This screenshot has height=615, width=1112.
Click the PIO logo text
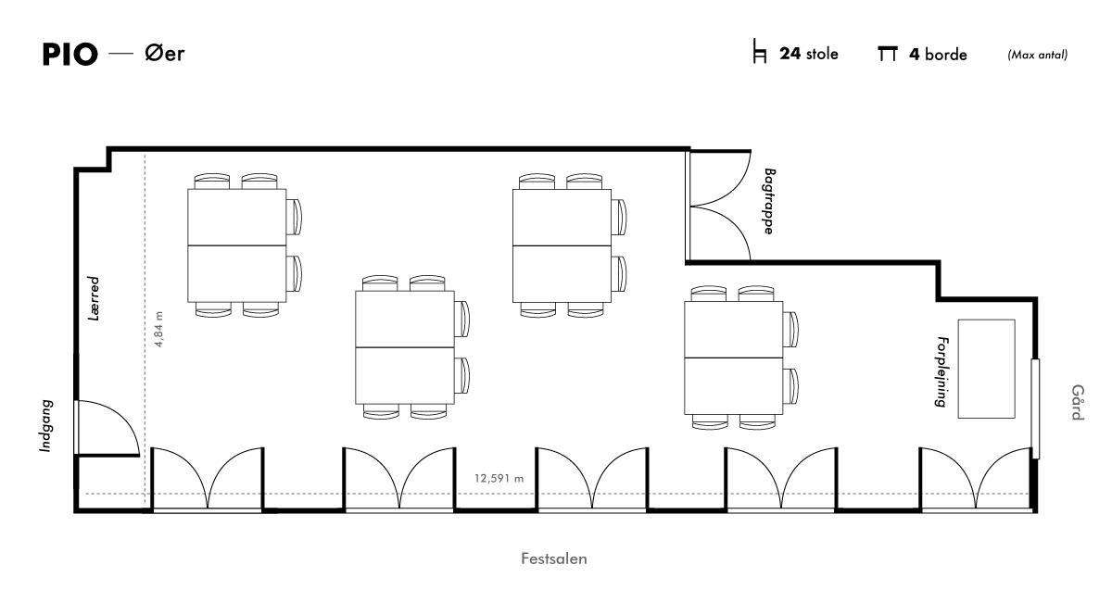(x=70, y=54)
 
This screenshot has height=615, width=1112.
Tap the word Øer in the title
(x=165, y=53)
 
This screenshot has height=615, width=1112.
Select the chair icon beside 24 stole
(x=760, y=51)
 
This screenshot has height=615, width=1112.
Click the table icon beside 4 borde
(x=888, y=54)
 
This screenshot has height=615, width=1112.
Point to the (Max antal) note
(x=1038, y=55)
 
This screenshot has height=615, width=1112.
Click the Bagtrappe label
(x=769, y=201)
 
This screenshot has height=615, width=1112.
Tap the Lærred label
(x=94, y=298)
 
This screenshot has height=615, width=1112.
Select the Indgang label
(x=46, y=426)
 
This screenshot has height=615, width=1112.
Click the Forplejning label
(x=941, y=371)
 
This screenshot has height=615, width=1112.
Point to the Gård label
(x=1077, y=402)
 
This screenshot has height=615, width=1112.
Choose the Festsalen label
(x=553, y=559)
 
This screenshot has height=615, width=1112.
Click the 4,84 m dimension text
(x=158, y=329)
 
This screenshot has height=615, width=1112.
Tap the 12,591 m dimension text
(x=499, y=479)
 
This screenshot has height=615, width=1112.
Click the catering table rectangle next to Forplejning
(x=986, y=369)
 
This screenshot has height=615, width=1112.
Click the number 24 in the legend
(x=790, y=54)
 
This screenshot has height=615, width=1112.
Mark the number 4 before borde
(x=915, y=54)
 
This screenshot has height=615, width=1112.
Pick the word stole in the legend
(x=822, y=54)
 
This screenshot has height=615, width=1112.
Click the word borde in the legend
(x=946, y=54)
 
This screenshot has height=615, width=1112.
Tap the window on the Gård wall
(x=1035, y=408)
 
